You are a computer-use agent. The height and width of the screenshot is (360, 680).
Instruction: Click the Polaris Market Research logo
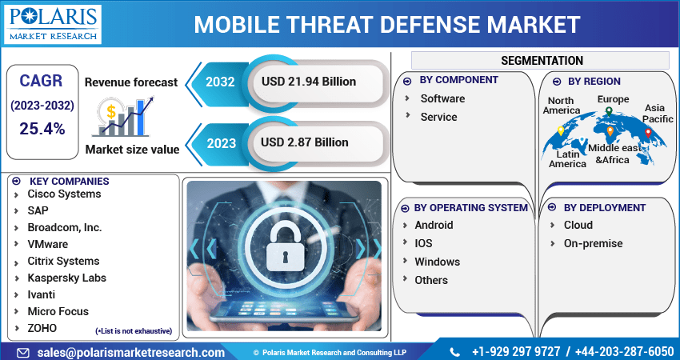(53, 24)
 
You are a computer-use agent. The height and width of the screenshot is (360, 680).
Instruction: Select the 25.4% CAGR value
(42, 129)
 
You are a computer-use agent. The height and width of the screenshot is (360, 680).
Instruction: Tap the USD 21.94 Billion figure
(309, 82)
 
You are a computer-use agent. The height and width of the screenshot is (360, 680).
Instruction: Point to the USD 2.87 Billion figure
(305, 142)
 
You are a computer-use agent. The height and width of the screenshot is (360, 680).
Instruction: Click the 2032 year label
(220, 82)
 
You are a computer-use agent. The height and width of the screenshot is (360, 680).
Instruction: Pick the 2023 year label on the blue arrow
(221, 143)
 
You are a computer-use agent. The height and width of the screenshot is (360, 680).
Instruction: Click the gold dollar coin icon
(111, 112)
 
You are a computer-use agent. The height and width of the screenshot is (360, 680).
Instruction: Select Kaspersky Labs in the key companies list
(66, 278)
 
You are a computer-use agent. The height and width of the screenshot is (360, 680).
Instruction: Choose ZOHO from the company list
(42, 328)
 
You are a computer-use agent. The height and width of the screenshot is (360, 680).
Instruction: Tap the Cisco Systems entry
(64, 194)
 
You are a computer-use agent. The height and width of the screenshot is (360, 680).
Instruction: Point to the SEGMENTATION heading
(542, 60)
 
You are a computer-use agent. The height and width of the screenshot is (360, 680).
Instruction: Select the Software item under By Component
(442, 98)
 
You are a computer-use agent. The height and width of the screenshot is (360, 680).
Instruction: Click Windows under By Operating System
(437, 262)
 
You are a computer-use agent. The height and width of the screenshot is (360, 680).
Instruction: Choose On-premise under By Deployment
(593, 243)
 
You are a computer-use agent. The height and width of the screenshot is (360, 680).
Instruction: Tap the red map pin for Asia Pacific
(648, 133)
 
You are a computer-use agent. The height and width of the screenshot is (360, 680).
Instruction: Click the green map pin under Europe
(609, 112)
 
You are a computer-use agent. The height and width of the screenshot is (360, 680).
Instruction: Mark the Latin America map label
(568, 158)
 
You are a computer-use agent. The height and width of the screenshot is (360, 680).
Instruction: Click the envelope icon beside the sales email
(23, 353)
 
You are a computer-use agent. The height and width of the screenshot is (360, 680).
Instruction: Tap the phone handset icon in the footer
(454, 352)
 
